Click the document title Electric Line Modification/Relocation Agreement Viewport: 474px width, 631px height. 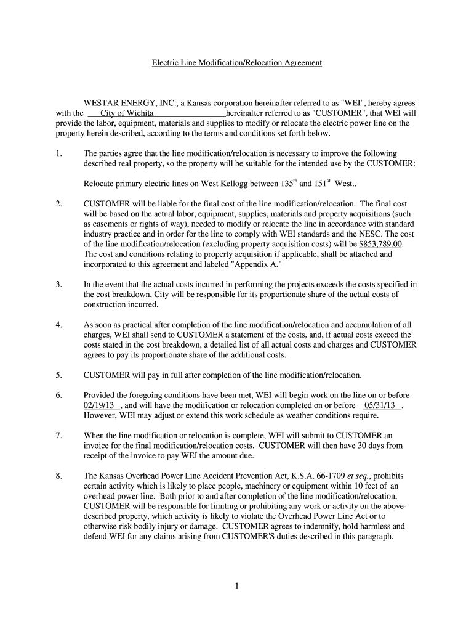(x=237, y=63)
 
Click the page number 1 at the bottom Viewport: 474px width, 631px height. (x=236, y=586)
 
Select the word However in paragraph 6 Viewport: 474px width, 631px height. (x=101, y=415)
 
